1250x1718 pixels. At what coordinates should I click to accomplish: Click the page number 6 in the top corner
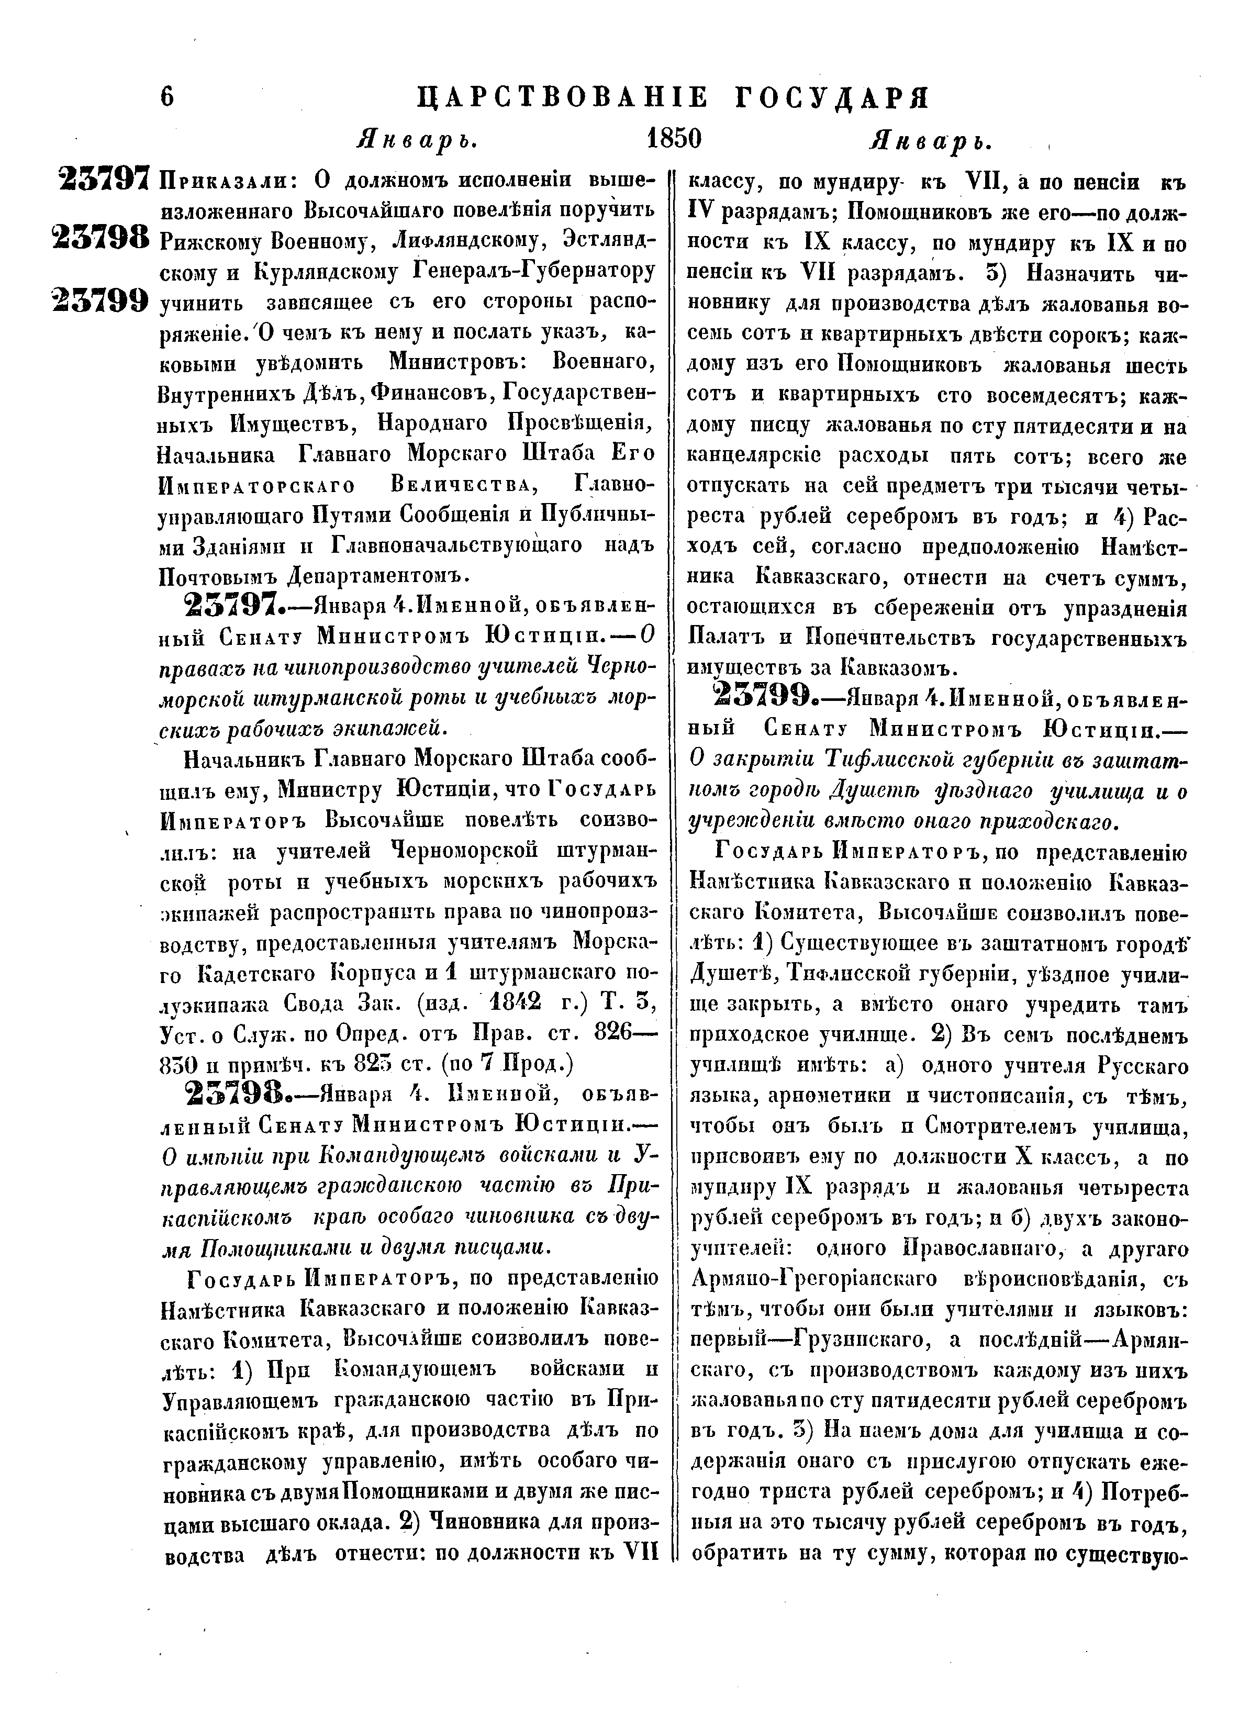(168, 98)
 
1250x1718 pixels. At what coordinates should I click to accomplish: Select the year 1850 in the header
(674, 139)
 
